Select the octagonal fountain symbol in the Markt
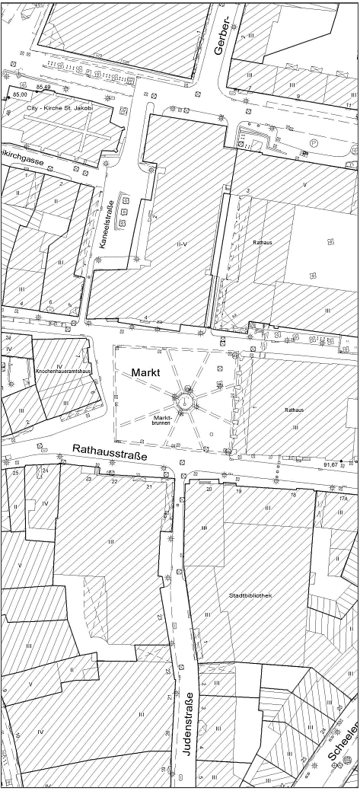coord(184,397)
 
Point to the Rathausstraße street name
coord(110,453)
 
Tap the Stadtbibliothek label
coord(250,595)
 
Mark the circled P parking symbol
coord(314,142)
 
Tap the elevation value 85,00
coord(21,94)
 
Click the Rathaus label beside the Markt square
coord(295,410)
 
